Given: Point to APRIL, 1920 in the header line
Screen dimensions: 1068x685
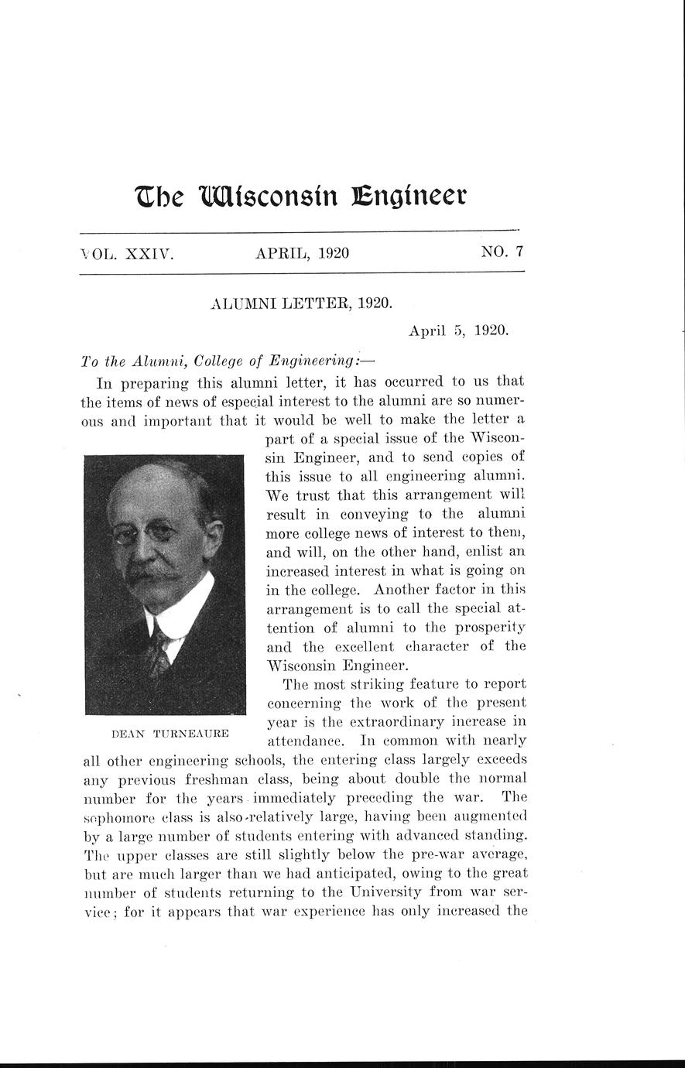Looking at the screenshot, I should tap(302, 252).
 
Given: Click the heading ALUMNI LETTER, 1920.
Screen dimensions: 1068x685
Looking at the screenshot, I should tap(301, 303).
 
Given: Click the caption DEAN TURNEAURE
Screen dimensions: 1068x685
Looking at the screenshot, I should tap(170, 732).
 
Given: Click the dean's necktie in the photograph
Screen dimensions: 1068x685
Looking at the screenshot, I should tap(160, 649).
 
